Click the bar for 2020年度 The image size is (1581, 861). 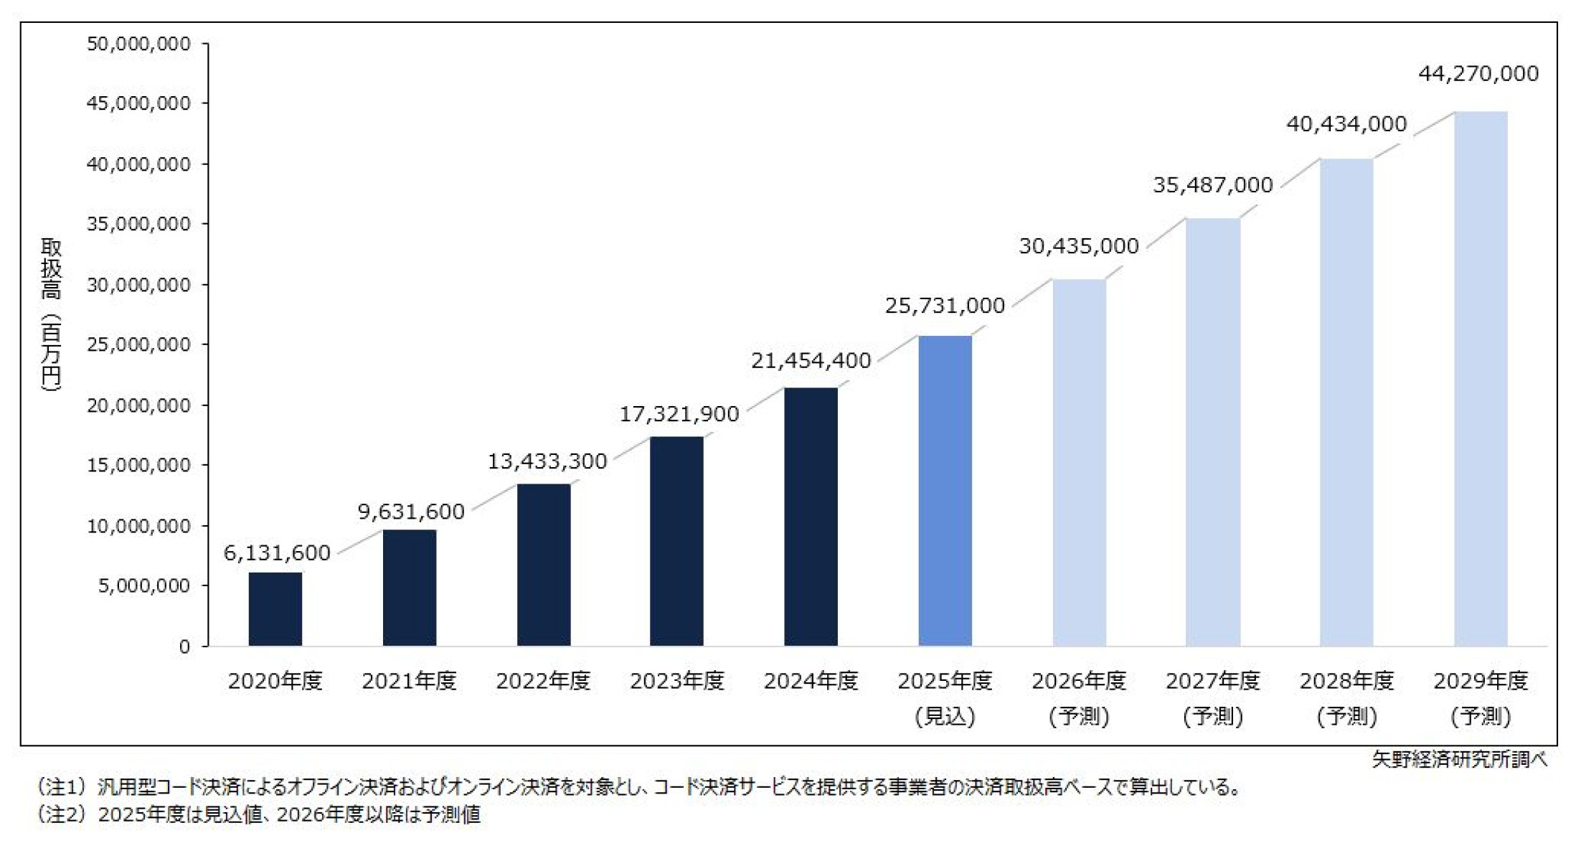point(275,609)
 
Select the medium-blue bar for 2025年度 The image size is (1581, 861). point(945,491)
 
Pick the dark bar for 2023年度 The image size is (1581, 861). point(676,541)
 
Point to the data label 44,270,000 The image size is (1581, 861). point(1478,74)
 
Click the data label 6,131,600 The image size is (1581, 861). point(277,552)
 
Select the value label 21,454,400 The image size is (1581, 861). point(811,360)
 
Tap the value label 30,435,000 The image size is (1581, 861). point(1079,246)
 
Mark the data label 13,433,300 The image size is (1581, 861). point(547,461)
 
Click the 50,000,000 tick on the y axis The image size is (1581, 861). point(138,44)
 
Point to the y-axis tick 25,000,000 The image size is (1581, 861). point(138,344)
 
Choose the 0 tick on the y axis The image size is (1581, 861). point(184,646)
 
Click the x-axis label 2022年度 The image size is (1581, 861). point(543,680)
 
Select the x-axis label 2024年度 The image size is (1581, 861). point(811,680)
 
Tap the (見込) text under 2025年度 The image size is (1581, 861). point(945,716)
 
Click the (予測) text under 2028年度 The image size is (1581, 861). point(1346,716)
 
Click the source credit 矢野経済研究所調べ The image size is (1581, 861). point(1459,759)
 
